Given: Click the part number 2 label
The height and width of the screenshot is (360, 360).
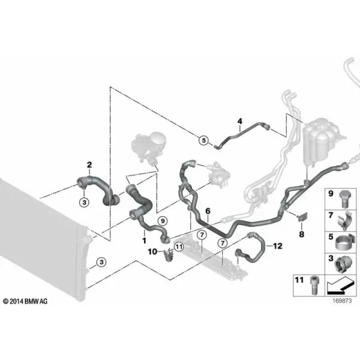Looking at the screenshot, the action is (x=89, y=164).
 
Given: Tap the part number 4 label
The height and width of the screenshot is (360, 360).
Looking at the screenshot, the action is (x=240, y=121).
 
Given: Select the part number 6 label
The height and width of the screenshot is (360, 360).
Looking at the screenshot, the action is (x=208, y=211).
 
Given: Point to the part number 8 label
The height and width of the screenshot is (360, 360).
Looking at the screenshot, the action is (x=302, y=234).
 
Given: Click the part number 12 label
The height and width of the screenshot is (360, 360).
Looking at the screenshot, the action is (x=278, y=246).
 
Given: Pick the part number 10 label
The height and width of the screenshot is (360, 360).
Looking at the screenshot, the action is (x=152, y=251).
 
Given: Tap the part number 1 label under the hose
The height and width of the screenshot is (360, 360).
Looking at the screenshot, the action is (x=144, y=241).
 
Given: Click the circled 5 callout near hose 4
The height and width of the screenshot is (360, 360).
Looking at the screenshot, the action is (x=203, y=140).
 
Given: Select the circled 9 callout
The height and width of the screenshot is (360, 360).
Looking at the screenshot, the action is (x=163, y=221).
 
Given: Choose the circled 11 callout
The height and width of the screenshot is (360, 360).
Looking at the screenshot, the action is (x=179, y=247).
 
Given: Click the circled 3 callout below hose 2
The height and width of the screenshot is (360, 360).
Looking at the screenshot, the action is (x=84, y=202).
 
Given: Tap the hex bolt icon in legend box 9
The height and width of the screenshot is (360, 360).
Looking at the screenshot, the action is (x=344, y=199).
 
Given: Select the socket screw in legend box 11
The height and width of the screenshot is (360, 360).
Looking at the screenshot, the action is (x=314, y=286).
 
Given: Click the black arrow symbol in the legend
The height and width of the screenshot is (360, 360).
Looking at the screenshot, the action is (x=340, y=286).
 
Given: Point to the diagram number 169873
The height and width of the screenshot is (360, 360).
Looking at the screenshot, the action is (x=342, y=301).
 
